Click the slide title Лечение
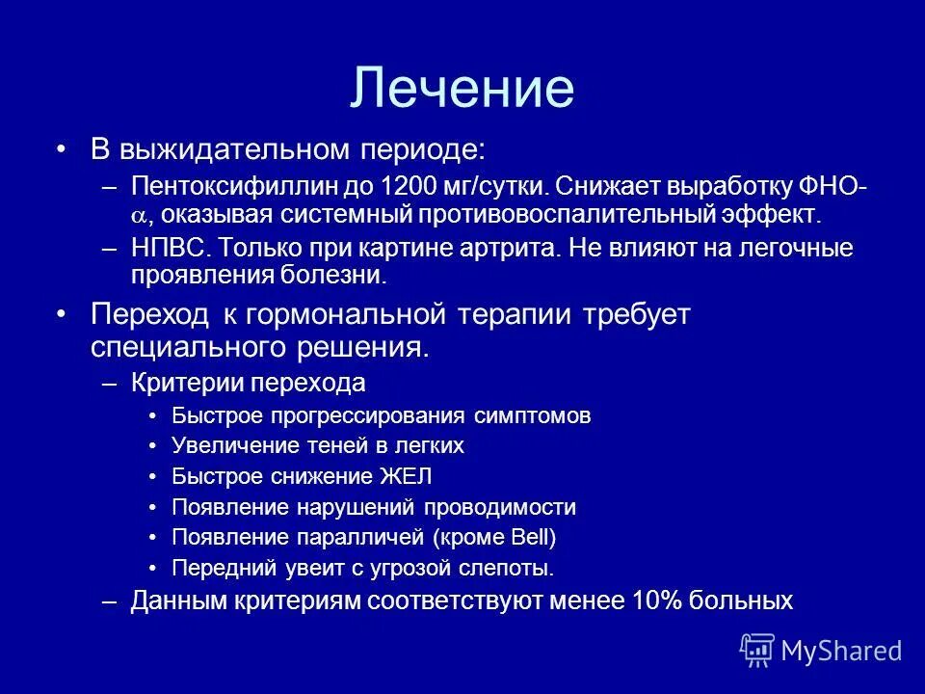(462, 87)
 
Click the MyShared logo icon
(757, 650)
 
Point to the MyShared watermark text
(841, 651)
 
